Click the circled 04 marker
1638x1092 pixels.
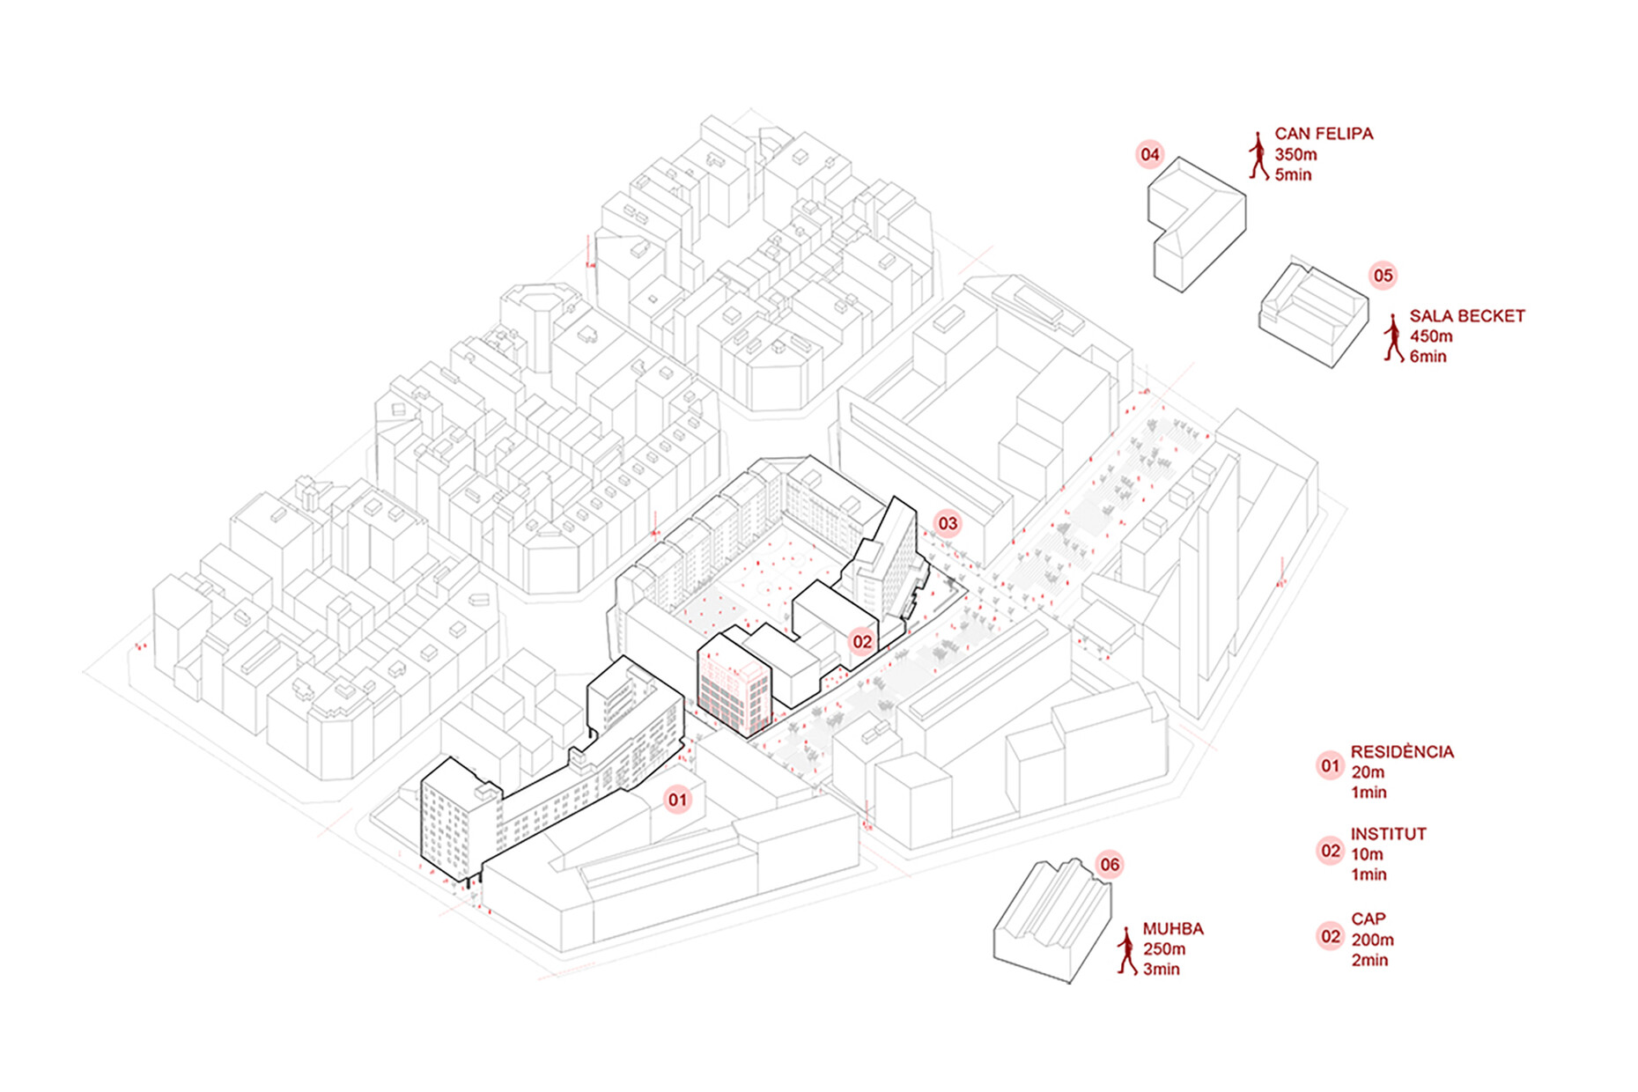point(1150,155)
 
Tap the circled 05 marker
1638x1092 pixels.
point(1383,276)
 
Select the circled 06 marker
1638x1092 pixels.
point(1110,865)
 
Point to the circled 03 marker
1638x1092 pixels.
point(947,524)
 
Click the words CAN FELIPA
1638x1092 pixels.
point(1324,134)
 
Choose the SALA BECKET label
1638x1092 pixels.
point(1466,316)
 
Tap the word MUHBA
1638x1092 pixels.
point(1173,929)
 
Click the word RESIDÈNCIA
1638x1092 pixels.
point(1402,752)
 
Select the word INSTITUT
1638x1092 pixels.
point(1388,834)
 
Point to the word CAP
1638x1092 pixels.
point(1369,919)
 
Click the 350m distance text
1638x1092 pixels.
point(1295,155)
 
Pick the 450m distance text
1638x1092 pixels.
point(1431,336)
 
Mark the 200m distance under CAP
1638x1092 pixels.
point(1372,940)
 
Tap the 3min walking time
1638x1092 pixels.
point(1161,970)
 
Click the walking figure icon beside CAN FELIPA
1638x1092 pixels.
point(1258,156)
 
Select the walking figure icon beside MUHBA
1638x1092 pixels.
point(1126,950)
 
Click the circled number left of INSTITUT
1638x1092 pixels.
point(1330,852)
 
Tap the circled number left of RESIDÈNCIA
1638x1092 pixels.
point(1330,766)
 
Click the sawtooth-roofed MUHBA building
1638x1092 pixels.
point(1053,920)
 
